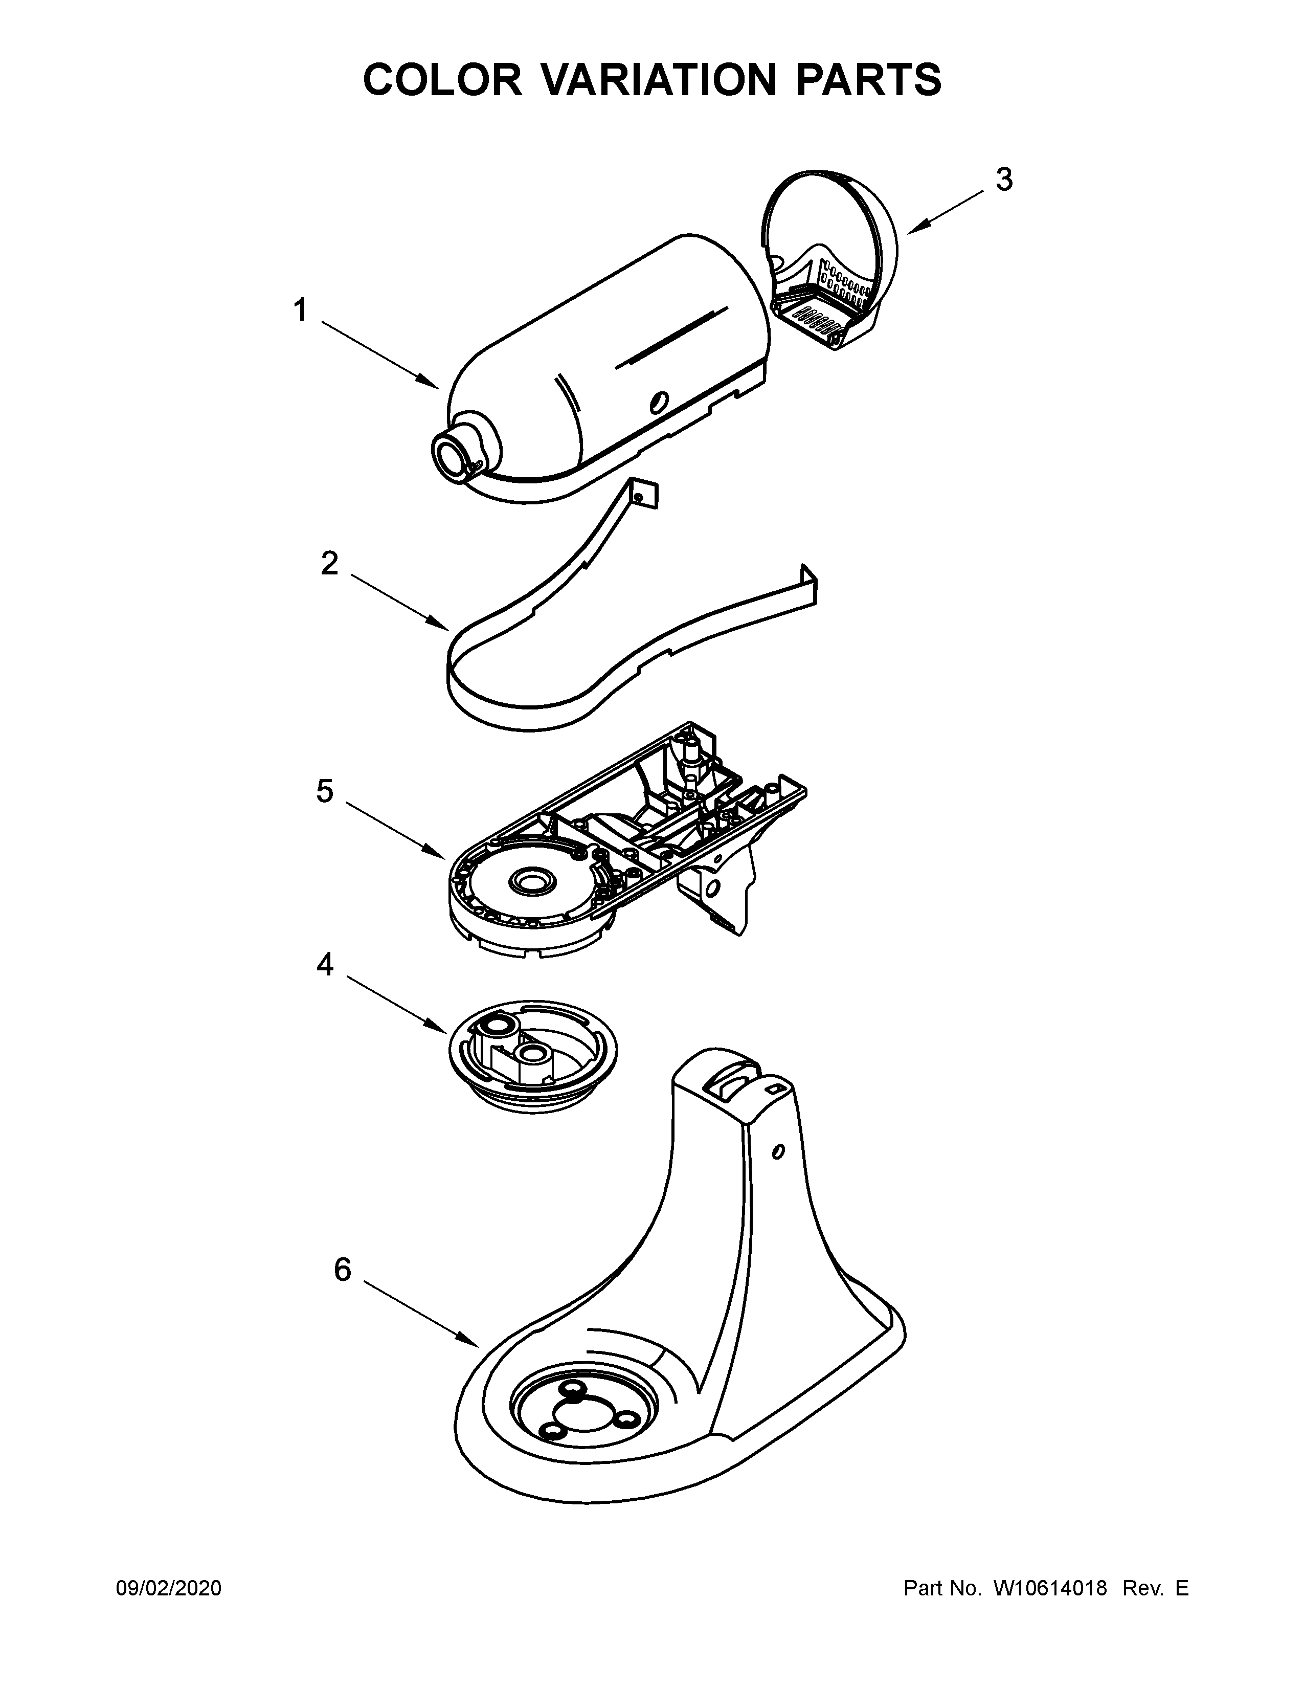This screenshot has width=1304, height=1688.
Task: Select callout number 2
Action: (x=329, y=564)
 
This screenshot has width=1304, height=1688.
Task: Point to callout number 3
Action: (x=1003, y=180)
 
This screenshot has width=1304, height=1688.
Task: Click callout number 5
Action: (x=324, y=791)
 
